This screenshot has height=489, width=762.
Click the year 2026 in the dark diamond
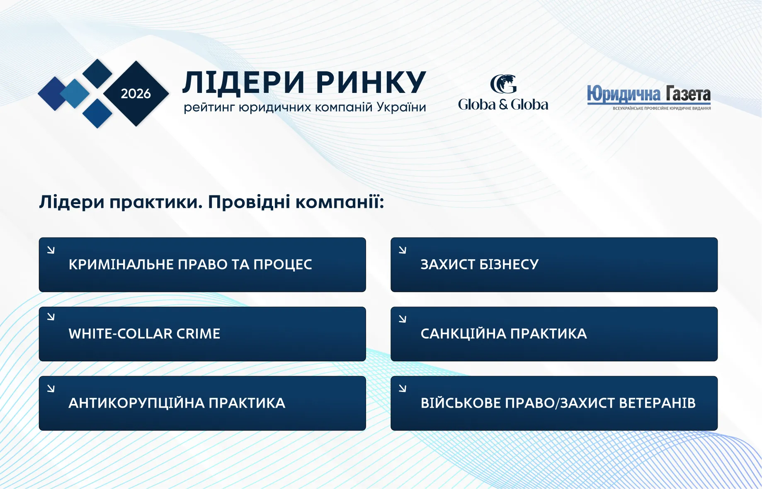click(136, 94)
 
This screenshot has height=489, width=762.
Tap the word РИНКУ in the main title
click(371, 82)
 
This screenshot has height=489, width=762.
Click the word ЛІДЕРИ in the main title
click(244, 82)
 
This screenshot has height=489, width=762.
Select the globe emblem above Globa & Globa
click(503, 84)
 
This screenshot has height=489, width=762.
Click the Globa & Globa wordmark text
click(503, 105)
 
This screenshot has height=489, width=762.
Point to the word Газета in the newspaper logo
click(688, 94)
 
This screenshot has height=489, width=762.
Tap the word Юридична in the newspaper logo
click(624, 94)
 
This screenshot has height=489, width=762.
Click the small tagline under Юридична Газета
click(662, 108)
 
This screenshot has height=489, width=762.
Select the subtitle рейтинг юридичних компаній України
click(305, 107)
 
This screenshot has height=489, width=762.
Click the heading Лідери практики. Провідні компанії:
click(211, 202)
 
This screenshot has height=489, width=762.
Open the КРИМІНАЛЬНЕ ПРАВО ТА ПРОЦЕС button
click(202, 265)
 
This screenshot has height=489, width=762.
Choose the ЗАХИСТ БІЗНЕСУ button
click(554, 265)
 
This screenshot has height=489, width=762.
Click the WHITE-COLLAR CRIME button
click(202, 334)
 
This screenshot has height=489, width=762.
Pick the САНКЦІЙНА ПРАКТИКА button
click(554, 334)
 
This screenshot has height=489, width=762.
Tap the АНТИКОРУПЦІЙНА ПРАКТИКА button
click(202, 403)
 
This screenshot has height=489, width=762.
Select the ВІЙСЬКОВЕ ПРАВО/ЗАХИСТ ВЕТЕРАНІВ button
click(554, 403)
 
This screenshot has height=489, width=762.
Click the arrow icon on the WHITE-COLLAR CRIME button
click(51, 317)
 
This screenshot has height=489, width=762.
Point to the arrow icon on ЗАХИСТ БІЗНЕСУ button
click(403, 250)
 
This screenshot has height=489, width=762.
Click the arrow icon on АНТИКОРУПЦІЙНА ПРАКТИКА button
click(51, 388)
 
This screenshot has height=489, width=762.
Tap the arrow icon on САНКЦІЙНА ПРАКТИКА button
click(403, 319)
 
